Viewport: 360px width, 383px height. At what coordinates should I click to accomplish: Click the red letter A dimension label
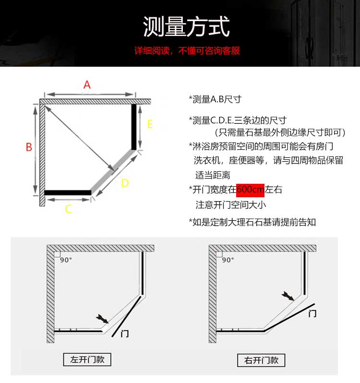[x=87, y=85]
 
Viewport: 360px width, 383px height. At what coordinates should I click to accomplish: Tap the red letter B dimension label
[x=29, y=147]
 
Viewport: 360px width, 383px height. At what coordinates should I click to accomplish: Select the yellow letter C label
[x=69, y=209]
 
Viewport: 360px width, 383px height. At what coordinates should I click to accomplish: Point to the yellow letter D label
[x=125, y=183]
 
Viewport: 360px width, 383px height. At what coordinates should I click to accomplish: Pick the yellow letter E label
[x=150, y=124]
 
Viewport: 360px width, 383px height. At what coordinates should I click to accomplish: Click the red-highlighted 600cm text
[x=251, y=190]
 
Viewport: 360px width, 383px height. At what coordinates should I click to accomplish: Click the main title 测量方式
[x=186, y=26]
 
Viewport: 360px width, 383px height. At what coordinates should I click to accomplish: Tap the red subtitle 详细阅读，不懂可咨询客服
[x=187, y=50]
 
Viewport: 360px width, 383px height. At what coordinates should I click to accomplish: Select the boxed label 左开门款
[x=87, y=359]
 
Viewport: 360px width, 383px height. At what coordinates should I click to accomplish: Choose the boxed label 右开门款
[x=261, y=360]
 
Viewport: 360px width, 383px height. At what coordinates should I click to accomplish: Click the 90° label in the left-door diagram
[x=66, y=260]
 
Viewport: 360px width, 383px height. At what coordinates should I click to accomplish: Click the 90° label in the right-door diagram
[x=228, y=260]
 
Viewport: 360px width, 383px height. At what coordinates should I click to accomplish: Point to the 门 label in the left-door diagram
[x=124, y=334]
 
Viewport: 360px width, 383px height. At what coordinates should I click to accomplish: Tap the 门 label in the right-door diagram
[x=312, y=313]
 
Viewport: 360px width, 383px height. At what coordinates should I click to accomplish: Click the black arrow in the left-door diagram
[x=102, y=319]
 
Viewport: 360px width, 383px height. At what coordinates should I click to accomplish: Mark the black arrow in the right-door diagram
[x=288, y=296]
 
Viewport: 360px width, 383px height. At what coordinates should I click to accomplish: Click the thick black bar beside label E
[x=134, y=127]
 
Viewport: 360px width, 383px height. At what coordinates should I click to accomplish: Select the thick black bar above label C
[x=68, y=193]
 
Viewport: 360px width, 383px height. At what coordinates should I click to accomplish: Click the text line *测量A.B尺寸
[x=215, y=99]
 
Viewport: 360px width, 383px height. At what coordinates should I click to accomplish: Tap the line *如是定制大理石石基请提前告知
[x=252, y=222]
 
